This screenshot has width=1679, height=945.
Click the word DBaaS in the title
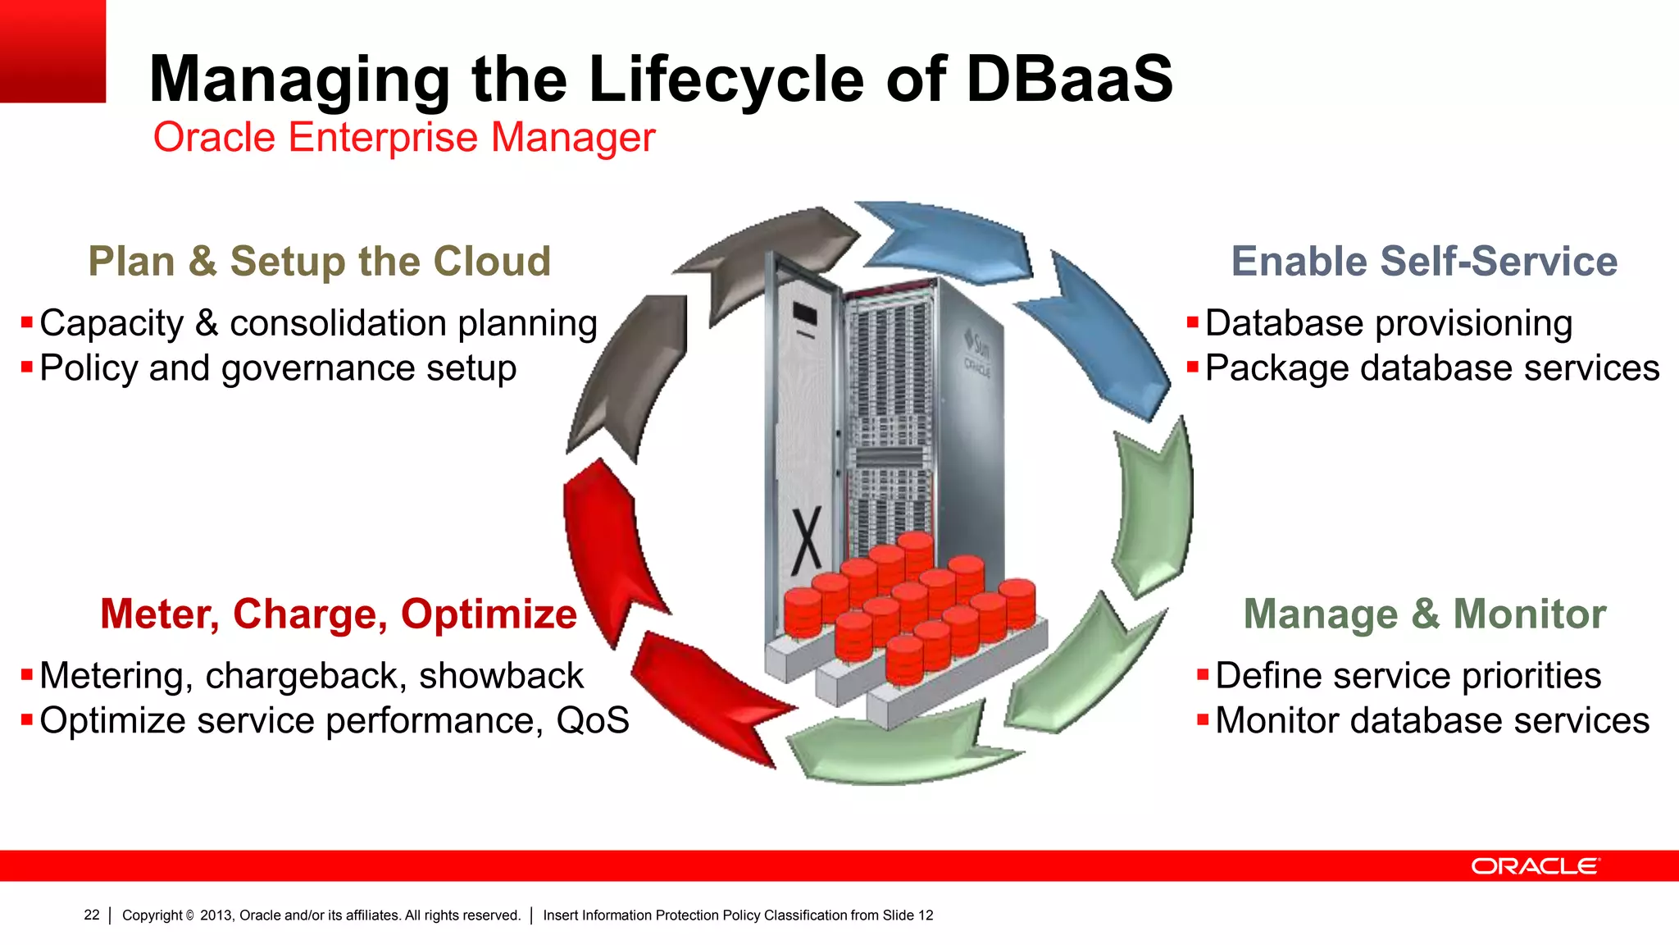(x=1069, y=80)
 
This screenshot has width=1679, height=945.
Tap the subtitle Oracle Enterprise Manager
(x=404, y=137)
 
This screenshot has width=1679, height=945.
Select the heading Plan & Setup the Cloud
(x=319, y=262)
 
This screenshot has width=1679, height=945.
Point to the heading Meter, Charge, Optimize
(x=339, y=614)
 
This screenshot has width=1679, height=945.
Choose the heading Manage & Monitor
(x=1424, y=614)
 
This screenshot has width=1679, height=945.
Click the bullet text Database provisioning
(x=1388, y=323)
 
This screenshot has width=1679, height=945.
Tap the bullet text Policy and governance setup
(x=278, y=368)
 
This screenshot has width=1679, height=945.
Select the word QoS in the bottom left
(x=593, y=721)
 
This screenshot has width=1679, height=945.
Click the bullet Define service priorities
(x=1408, y=676)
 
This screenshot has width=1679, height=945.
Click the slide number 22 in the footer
(x=92, y=915)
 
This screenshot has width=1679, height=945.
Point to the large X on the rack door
(x=807, y=541)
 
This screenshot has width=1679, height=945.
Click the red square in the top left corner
(x=52, y=51)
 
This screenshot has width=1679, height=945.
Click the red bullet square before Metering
(x=27, y=676)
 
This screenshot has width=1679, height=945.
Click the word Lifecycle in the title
(x=726, y=80)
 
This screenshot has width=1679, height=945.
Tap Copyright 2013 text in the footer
(x=321, y=915)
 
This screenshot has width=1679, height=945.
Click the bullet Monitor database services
(x=1431, y=721)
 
